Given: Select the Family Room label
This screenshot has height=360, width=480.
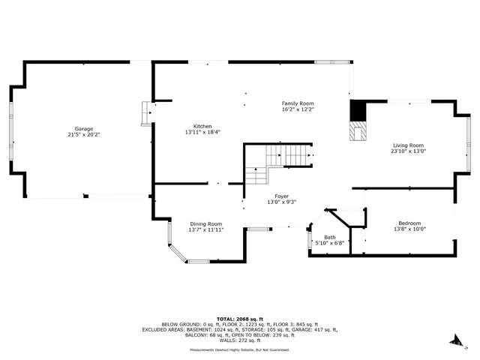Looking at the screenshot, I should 297,103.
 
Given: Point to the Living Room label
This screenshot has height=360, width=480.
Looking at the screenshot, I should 407,145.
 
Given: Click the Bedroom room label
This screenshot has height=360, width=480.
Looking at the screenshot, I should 409,223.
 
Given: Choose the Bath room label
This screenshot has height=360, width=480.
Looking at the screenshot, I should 330,238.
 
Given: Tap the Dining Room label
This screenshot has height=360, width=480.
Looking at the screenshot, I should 205,223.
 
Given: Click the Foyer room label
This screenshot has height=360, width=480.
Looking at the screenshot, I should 281,196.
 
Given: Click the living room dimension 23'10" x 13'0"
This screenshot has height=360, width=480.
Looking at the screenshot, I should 407,152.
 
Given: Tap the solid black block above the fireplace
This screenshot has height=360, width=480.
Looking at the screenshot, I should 359,110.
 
